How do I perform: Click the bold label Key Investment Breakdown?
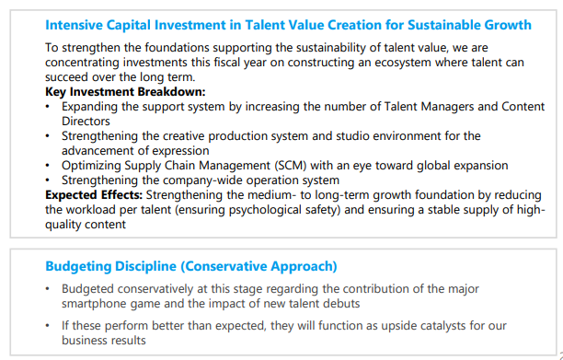click(125, 92)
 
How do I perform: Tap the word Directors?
click(86, 122)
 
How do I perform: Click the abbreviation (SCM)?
click(291, 166)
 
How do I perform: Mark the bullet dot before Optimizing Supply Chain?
click(48, 166)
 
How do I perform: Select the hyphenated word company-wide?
click(206, 180)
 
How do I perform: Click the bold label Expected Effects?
click(94, 195)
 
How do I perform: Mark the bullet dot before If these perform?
click(48, 326)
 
